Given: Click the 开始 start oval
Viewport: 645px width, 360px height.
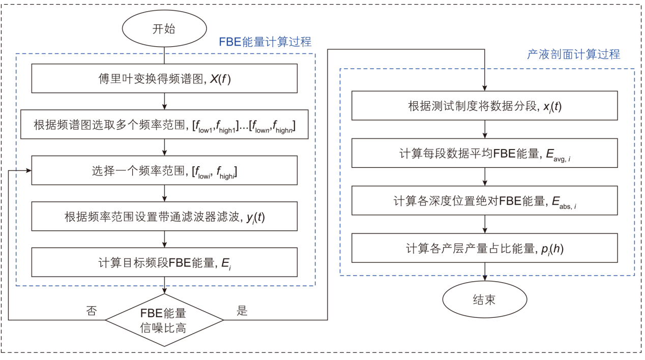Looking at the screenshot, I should point(164,29).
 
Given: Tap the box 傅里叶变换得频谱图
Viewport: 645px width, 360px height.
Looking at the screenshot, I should point(164,79).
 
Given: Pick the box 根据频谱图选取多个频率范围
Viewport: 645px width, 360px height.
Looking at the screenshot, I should point(164,125).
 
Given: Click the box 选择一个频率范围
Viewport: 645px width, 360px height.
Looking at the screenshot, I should point(164,170).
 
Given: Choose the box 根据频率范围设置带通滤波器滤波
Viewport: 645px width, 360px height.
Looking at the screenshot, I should point(164,216).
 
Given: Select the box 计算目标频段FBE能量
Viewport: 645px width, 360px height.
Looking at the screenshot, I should point(164,262).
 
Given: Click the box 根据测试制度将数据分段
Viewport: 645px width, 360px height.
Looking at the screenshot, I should point(484,106).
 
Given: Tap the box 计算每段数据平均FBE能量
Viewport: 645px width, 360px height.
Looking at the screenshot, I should point(484,153).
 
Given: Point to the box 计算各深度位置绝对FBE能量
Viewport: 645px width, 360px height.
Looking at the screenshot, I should point(484,201).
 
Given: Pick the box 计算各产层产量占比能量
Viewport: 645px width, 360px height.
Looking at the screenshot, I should point(484,248).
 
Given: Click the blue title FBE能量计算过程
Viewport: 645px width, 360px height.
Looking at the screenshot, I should point(265,42).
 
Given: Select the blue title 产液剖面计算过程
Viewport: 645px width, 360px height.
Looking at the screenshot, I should point(573,54).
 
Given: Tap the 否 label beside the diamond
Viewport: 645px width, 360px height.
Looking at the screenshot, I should point(93,311).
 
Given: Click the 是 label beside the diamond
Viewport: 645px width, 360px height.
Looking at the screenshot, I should point(242,311).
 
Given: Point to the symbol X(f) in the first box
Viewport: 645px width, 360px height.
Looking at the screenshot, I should point(220,79).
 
